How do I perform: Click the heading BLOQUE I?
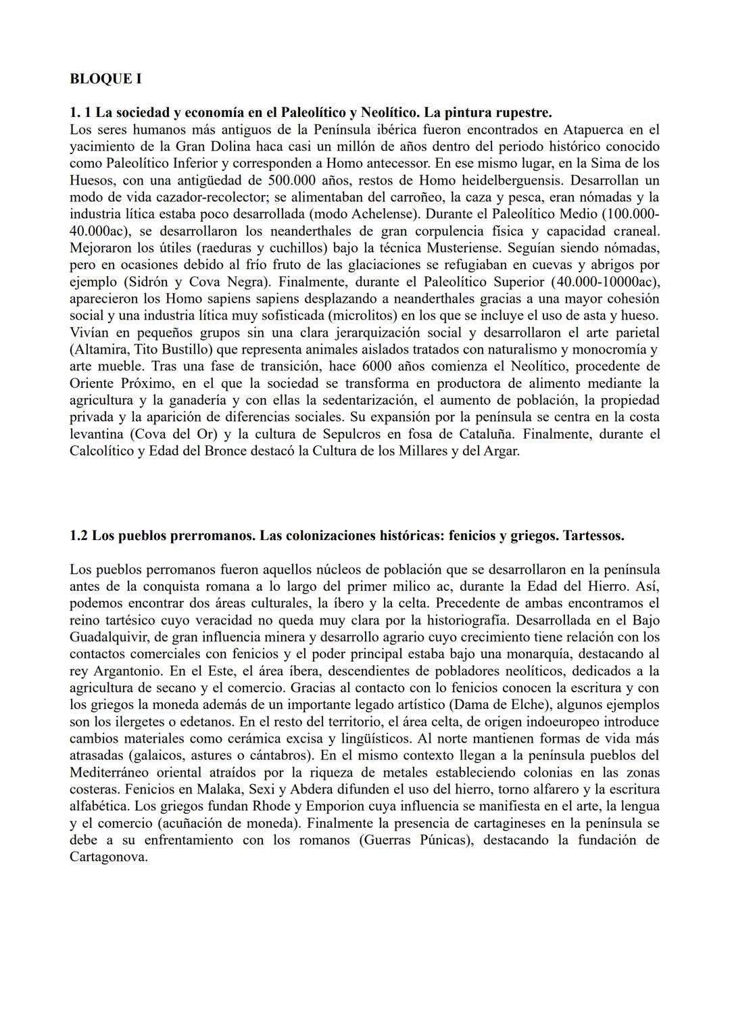pyautogui.click(x=105, y=79)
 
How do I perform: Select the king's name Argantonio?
pyautogui.click(x=128, y=670)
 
